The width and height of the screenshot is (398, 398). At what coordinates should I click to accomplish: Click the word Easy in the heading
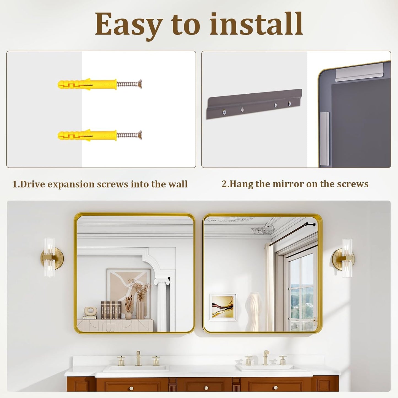point(129,25)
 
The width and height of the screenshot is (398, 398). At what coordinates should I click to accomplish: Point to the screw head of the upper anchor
point(140,84)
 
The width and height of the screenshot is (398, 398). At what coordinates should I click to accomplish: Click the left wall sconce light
point(51,257)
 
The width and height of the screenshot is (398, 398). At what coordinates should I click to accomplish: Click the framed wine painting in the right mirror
point(223,307)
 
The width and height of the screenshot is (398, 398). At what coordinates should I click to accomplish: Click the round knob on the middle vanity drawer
point(206,388)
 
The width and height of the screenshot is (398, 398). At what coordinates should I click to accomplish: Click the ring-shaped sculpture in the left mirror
point(90,311)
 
